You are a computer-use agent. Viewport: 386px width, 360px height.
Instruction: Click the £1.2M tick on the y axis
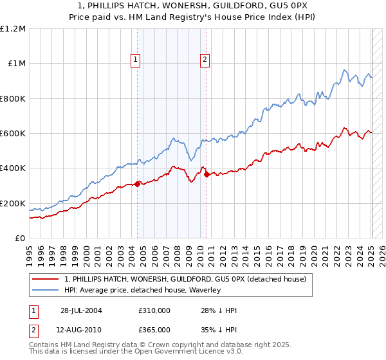[13, 29]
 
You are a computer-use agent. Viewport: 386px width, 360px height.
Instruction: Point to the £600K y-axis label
[13, 134]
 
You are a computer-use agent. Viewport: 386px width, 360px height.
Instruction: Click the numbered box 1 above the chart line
[136, 60]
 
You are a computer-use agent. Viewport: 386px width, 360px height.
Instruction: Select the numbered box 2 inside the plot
[205, 60]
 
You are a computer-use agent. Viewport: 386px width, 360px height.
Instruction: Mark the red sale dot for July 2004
[138, 184]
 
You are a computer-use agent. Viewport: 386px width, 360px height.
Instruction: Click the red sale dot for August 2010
[207, 175]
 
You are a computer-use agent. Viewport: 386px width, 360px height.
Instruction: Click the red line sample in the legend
[46, 278]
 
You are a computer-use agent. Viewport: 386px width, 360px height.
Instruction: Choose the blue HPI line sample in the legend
[46, 290]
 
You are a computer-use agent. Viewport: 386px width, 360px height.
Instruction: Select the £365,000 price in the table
[154, 329]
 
